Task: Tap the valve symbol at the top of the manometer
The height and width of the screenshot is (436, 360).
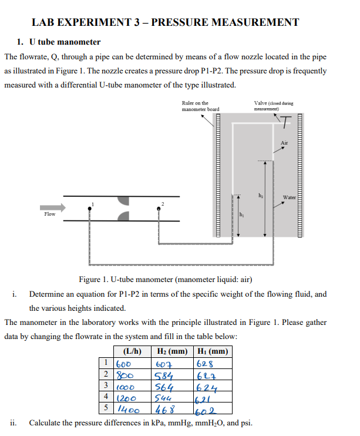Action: tap(285, 122)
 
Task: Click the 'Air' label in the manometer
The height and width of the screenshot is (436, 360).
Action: tap(285, 142)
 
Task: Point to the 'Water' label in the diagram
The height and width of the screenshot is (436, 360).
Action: tap(289, 197)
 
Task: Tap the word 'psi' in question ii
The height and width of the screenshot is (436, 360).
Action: tap(246, 422)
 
